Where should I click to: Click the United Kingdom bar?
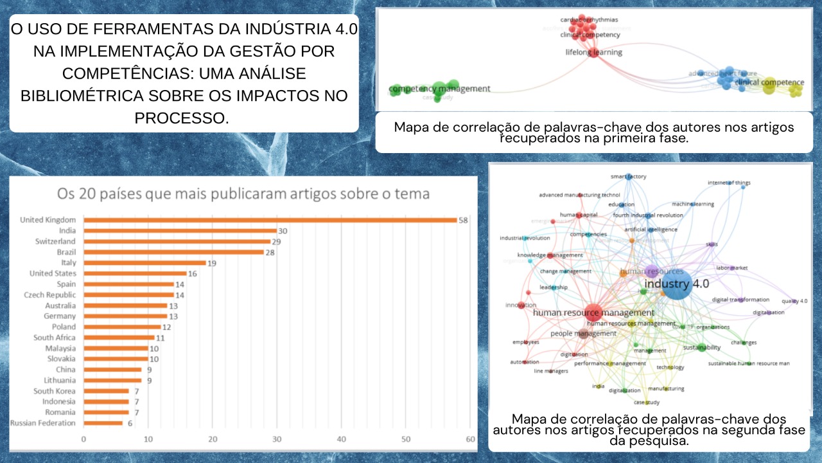[x=270, y=220]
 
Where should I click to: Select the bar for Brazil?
[x=173, y=252]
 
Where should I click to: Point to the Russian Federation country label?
[x=43, y=423]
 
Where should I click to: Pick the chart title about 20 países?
[x=243, y=194]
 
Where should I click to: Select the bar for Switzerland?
[x=177, y=241]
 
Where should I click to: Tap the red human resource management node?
[x=593, y=313]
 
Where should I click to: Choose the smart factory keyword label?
[x=628, y=177]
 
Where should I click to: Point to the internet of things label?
[x=729, y=183]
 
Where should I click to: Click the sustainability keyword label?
[x=701, y=347]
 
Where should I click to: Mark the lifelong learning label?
[x=594, y=52]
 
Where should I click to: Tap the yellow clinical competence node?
[x=769, y=86]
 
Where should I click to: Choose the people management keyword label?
[x=583, y=333]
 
